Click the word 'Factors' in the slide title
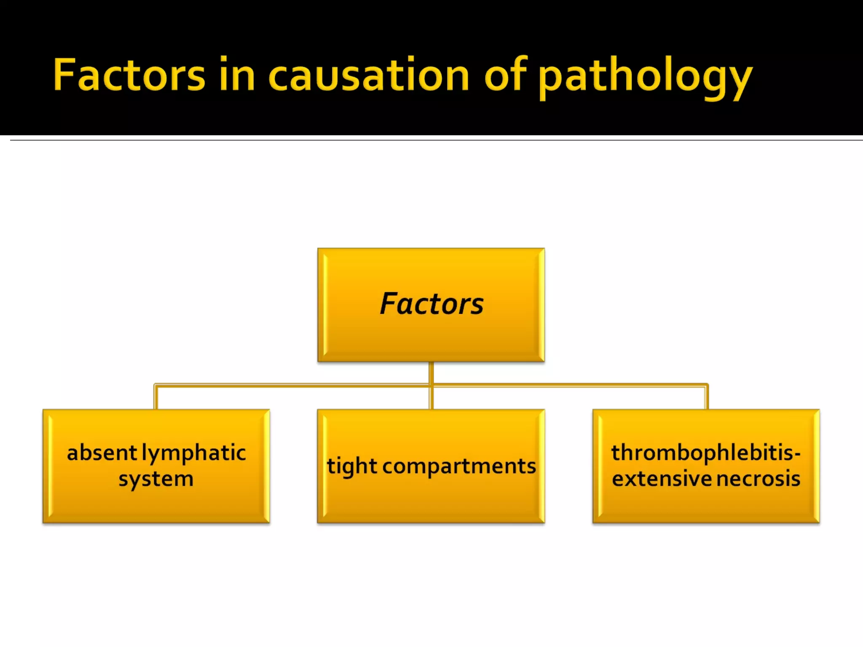(129, 75)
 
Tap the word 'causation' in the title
(368, 75)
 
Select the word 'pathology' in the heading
(645, 78)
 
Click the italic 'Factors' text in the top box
(431, 304)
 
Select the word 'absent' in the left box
(102, 453)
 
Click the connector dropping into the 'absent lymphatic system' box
(156, 397)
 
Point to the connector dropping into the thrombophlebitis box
(707, 397)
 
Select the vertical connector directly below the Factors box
(431, 373)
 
